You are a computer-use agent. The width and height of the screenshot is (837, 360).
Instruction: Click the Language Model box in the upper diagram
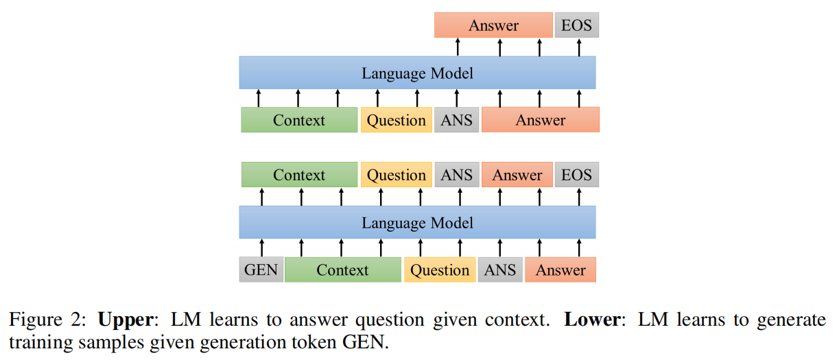[417, 73]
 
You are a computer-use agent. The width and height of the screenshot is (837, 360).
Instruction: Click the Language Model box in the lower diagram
[417, 223]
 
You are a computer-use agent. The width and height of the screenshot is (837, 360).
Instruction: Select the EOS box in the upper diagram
[576, 25]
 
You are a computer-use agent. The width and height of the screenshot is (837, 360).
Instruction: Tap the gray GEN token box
[261, 269]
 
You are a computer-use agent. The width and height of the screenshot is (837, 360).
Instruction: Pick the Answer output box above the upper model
[493, 25]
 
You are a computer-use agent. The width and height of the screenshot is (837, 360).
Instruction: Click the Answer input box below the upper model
[540, 120]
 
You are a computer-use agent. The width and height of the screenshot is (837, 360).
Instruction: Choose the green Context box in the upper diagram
[299, 120]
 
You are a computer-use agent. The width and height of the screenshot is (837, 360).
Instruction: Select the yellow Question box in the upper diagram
[396, 120]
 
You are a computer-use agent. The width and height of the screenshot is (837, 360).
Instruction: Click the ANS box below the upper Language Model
[456, 120]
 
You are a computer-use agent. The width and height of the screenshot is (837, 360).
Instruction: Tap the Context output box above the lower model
[299, 175]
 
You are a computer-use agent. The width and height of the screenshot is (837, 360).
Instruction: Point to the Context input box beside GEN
[342, 269]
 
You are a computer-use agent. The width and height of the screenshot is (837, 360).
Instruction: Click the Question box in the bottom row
[439, 269]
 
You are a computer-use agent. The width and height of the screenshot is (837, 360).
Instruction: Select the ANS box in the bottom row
[499, 269]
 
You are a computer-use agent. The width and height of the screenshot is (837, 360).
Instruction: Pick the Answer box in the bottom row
[560, 269]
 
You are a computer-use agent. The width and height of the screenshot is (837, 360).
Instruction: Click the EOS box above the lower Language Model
[576, 175]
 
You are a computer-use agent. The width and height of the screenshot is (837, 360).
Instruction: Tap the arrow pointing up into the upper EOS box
[579, 47]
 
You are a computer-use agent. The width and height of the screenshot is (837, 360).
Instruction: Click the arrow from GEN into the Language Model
[261, 248]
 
